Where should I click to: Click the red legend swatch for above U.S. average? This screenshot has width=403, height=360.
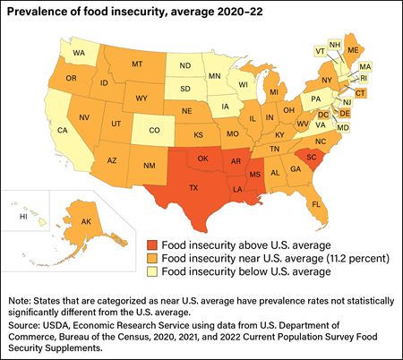[x=152, y=242]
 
